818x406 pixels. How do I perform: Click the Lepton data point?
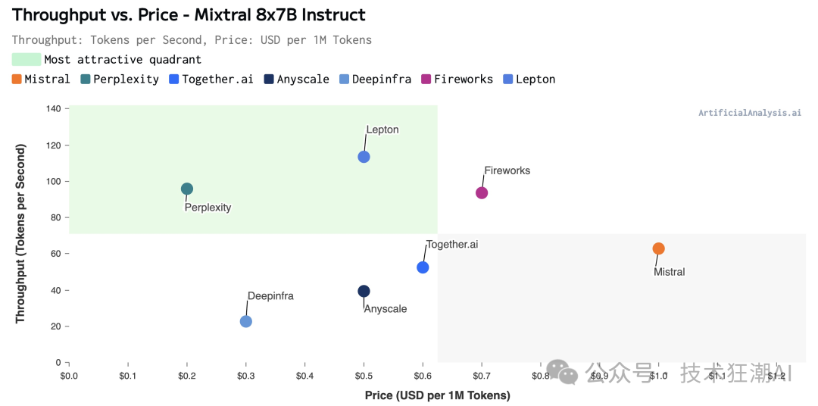pos(364,157)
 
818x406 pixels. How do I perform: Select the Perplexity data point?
pos(187,189)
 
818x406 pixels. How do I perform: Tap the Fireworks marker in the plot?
pos(482,192)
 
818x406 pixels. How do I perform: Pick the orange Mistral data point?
pos(659,248)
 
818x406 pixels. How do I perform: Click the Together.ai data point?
pos(423,267)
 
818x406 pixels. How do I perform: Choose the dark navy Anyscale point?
pos(364,291)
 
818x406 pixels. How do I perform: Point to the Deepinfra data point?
pos(246,321)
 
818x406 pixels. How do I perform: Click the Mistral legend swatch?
pos(17,79)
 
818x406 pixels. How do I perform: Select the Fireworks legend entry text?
pos(463,79)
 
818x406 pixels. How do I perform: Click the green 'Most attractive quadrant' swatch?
pos(27,59)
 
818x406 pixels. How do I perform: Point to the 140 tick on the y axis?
pos(53,108)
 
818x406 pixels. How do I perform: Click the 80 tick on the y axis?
pos(55,217)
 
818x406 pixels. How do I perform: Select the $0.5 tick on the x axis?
pos(364,375)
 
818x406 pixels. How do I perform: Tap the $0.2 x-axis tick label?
pos(187,375)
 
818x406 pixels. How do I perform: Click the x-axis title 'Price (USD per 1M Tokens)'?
pos(437,395)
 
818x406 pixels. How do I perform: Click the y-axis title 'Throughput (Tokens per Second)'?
pos(20,234)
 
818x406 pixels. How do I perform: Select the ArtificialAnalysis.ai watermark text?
pos(749,113)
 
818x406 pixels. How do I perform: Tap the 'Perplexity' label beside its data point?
pos(208,208)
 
